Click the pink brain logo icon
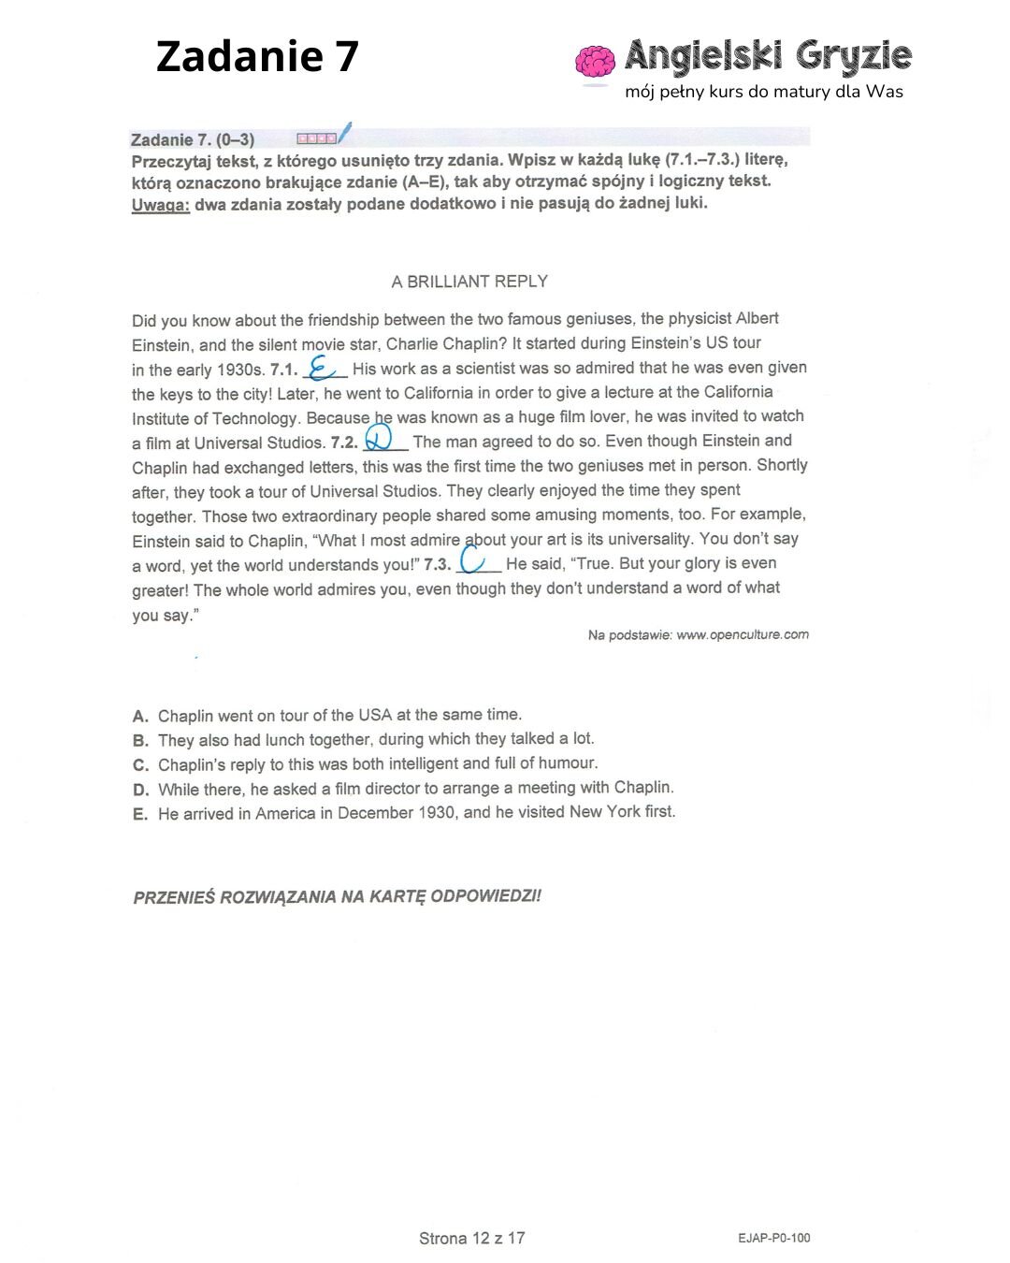pyautogui.click(x=595, y=61)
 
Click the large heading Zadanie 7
pyautogui.click(x=257, y=56)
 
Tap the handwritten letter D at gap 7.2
pyautogui.click(x=379, y=438)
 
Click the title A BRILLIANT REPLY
pyautogui.click(x=469, y=282)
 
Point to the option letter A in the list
pyautogui.click(x=140, y=717)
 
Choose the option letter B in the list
pyautogui.click(x=140, y=741)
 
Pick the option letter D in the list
pyautogui.click(x=140, y=790)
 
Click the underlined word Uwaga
pyautogui.click(x=161, y=205)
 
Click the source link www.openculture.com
pyautogui.click(x=742, y=635)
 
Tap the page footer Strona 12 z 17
pyautogui.click(x=471, y=1239)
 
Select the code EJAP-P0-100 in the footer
pyautogui.click(x=773, y=1239)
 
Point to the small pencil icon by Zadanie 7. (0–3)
pyautogui.click(x=344, y=133)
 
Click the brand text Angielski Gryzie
pyautogui.click(x=767, y=56)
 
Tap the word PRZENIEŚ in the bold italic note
pyautogui.click(x=174, y=897)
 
